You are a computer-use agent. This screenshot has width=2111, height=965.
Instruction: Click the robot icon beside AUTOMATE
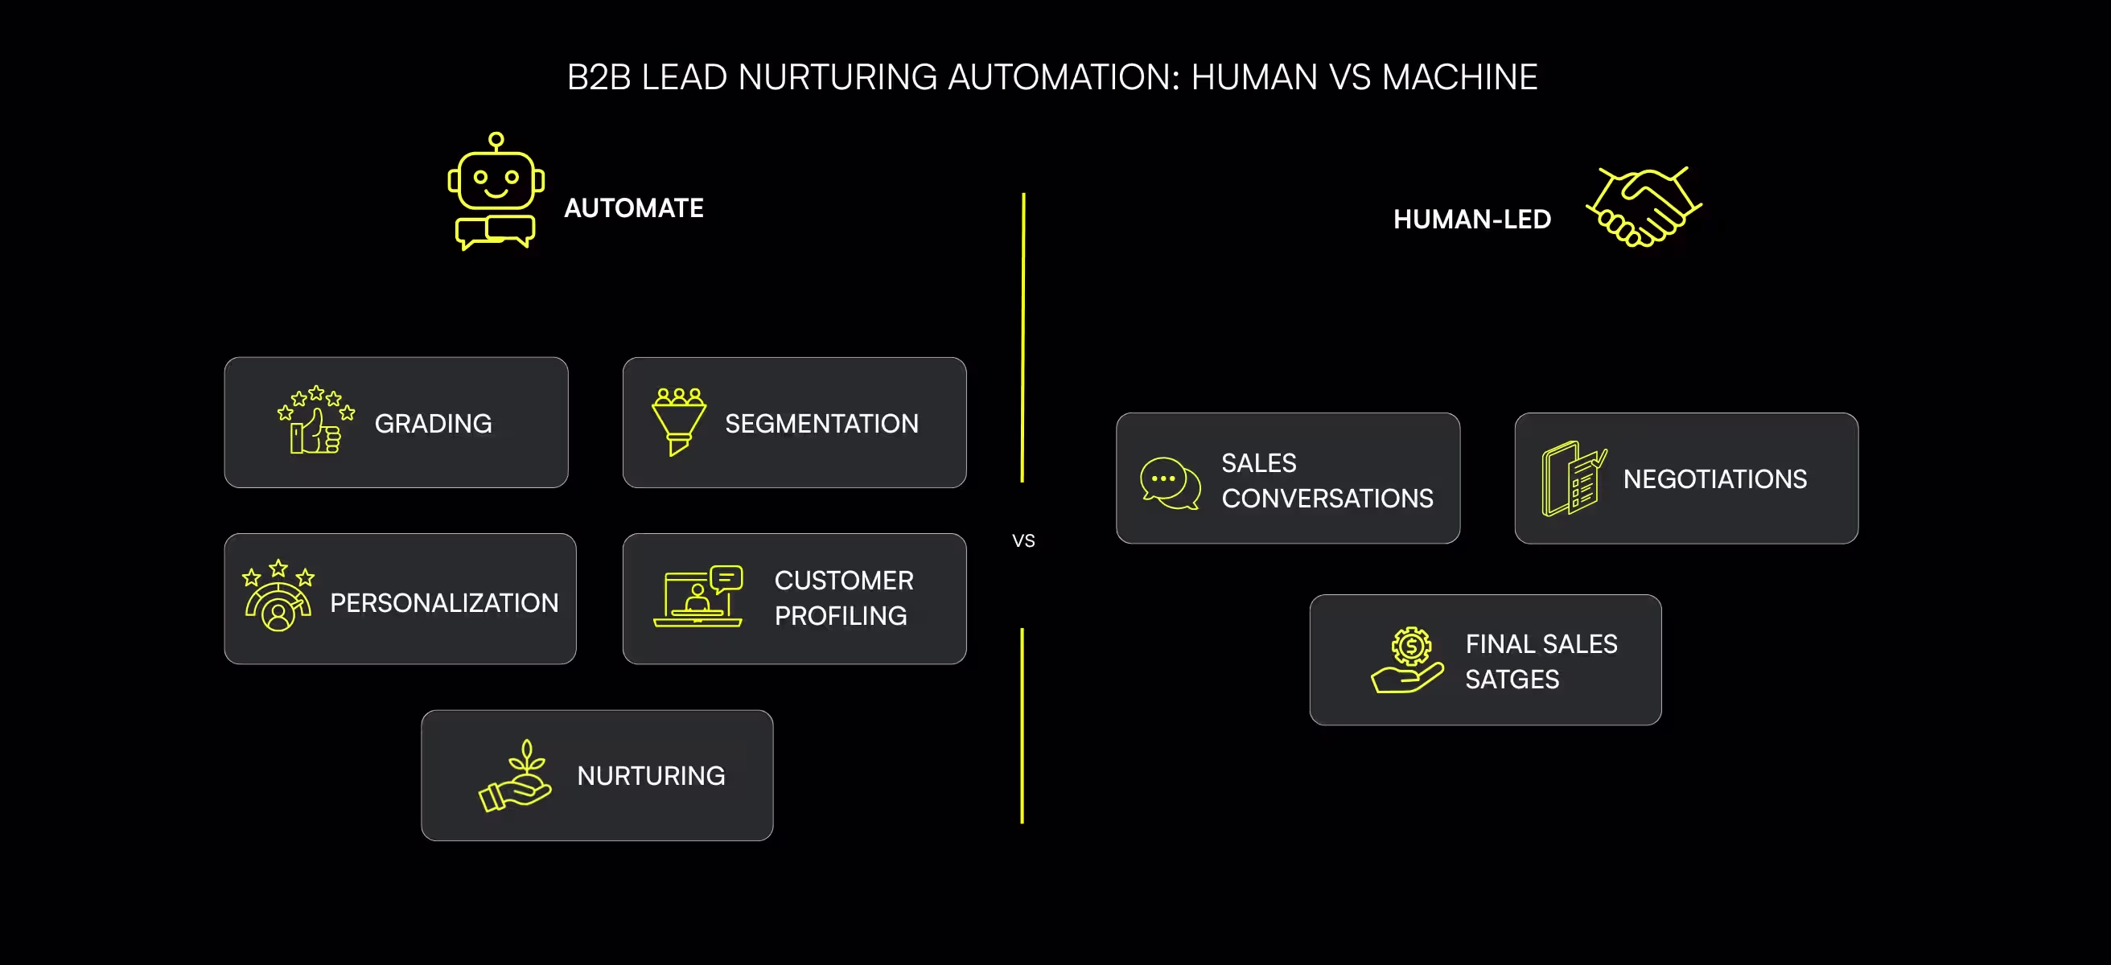click(496, 191)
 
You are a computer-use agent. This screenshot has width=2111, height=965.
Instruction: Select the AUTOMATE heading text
click(633, 208)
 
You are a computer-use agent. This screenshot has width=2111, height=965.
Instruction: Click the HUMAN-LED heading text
click(1471, 220)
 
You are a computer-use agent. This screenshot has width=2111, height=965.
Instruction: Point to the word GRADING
click(433, 424)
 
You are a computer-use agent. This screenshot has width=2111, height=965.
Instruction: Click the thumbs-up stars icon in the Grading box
click(315, 420)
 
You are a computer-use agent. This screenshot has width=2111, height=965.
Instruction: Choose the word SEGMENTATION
click(821, 424)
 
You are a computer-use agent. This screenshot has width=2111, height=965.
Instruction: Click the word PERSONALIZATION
click(443, 603)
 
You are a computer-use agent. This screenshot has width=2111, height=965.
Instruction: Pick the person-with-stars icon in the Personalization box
click(278, 597)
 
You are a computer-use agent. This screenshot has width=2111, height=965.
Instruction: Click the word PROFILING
click(840, 616)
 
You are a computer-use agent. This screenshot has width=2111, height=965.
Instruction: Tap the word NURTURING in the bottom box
click(651, 776)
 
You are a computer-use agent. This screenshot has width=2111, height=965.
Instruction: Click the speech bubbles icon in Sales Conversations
click(1171, 482)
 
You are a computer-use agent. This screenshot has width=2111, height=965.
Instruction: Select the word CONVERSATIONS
click(1327, 498)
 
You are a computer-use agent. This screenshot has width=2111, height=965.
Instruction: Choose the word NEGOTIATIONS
click(1714, 479)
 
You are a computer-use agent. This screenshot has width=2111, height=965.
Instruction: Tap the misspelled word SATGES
click(1511, 679)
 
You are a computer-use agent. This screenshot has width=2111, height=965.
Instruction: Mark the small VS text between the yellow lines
click(1023, 540)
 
